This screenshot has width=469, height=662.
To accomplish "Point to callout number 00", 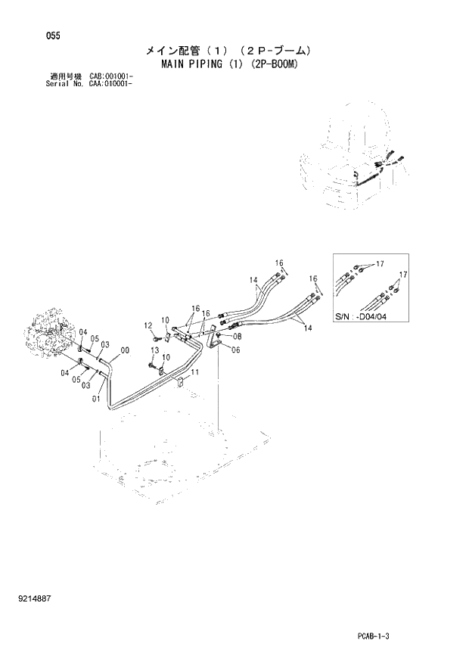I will click(125, 350).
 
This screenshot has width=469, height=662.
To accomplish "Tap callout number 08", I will click(237, 336).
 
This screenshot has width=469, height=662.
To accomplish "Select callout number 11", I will click(194, 373).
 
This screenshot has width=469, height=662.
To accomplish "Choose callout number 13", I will click(154, 351).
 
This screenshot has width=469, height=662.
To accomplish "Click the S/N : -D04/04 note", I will click(359, 325).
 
